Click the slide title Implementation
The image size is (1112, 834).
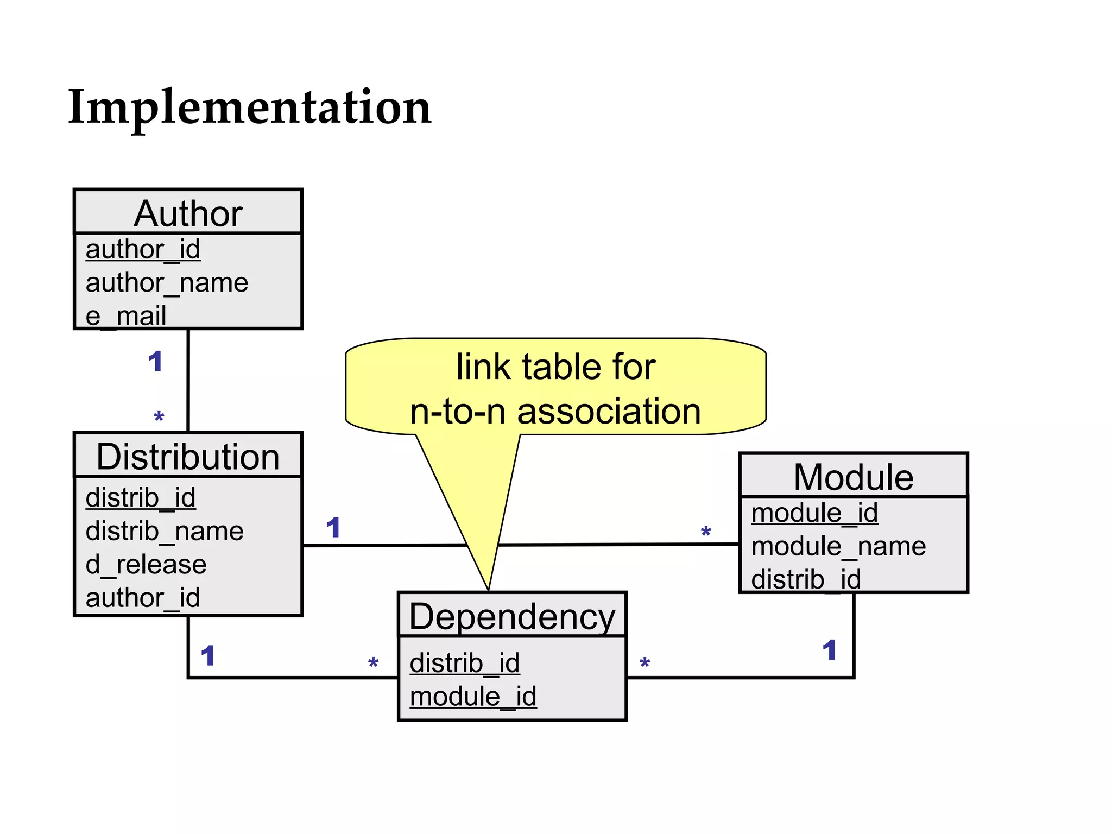[249, 107]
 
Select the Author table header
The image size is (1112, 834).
[188, 213]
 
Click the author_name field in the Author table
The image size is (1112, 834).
[167, 283]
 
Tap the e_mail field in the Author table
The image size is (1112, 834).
[126, 315]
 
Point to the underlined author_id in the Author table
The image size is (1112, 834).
[143, 250]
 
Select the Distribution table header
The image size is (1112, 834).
[188, 456]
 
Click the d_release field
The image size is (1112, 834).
[146, 565]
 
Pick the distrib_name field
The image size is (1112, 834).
[165, 531]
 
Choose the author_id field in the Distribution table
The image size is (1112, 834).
[143, 598]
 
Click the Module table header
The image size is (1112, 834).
[854, 477]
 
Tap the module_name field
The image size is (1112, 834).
[838, 546]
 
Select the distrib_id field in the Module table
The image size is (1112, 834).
[806, 579]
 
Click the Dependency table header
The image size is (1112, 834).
[512, 616]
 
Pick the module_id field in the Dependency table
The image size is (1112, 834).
[473, 697]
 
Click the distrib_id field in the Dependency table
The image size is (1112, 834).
[465, 664]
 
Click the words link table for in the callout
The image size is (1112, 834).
[555, 367]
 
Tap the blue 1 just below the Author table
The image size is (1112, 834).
[155, 362]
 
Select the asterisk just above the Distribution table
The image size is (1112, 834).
[159, 418]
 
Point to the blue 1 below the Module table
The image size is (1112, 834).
[829, 650]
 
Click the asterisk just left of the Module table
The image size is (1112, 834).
[706, 532]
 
